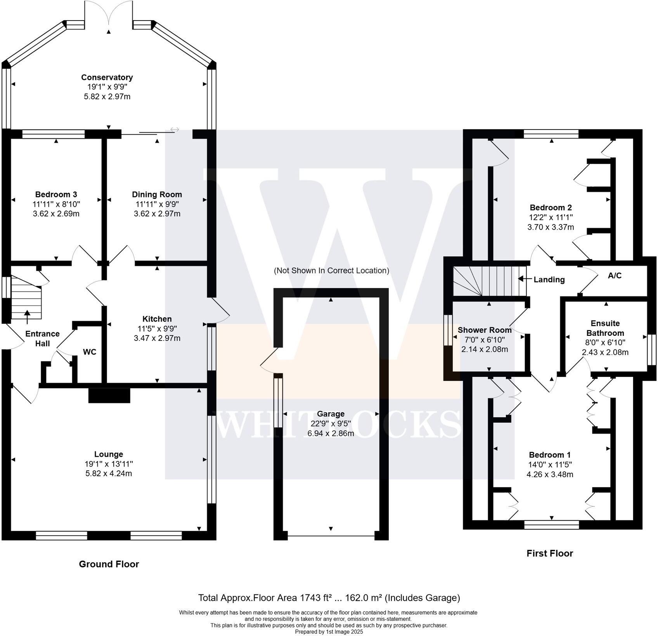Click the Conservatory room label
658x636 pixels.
[x=107, y=78]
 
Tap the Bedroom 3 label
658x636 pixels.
[x=56, y=194]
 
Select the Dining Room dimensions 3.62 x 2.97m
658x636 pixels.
[x=157, y=214]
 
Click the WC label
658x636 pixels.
[x=90, y=352]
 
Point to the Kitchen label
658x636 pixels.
[x=157, y=319]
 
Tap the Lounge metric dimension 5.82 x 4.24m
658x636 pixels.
[x=109, y=474]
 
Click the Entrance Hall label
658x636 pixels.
[x=42, y=339]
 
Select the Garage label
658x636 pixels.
[x=331, y=414]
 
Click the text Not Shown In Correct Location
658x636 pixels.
[x=331, y=271]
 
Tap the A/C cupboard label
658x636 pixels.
[x=615, y=276]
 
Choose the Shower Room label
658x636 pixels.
[x=485, y=330]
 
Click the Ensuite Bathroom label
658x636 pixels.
[x=605, y=328]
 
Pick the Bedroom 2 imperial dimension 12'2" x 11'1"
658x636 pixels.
[x=551, y=217]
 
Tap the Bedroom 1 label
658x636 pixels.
[x=550, y=455]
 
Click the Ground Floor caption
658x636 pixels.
[x=109, y=564]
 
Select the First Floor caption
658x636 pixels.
[x=549, y=553]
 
